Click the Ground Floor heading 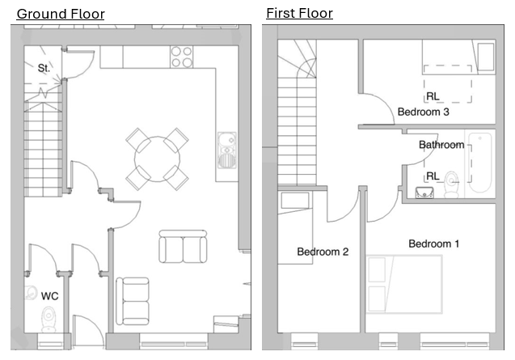61,14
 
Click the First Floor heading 299,13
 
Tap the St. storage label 44,68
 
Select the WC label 49,296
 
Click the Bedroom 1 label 433,244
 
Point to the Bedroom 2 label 323,252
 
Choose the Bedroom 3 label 423,112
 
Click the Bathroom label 441,145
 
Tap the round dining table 157,159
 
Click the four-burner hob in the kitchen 182,57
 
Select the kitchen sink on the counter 226,150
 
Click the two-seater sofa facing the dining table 183,247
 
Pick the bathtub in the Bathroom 480,163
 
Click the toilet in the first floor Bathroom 452,184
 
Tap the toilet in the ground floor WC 49,320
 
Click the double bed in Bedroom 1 404,284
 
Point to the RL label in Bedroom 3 433,96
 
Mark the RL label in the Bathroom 433,176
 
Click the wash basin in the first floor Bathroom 424,193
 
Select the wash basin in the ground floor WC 31,293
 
